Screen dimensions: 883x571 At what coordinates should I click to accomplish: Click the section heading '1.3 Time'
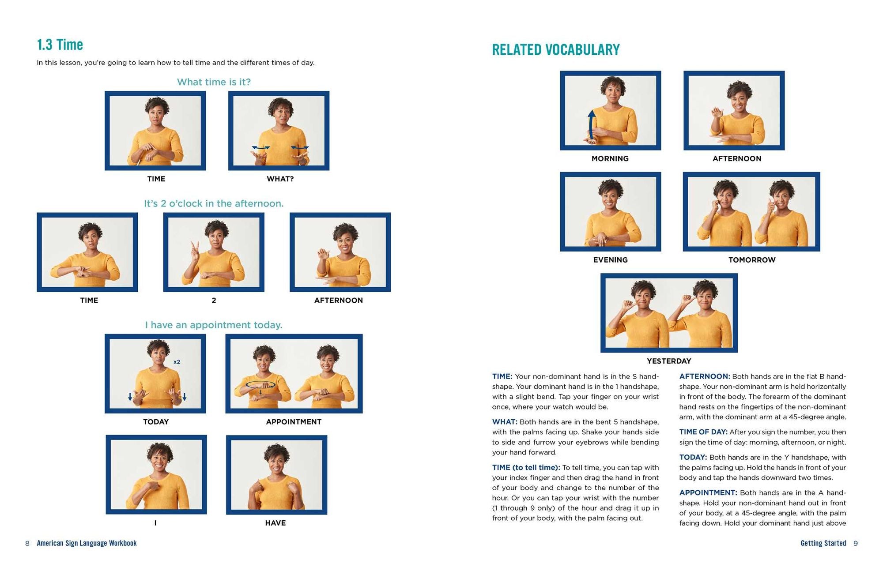tap(60, 45)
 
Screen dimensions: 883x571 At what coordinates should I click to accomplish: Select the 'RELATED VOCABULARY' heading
tap(556, 49)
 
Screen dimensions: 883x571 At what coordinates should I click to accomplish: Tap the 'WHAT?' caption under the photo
tap(280, 179)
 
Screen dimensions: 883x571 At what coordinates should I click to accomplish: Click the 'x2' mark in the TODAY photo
tap(177, 362)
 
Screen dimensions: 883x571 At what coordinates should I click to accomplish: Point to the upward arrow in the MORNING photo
tap(591, 125)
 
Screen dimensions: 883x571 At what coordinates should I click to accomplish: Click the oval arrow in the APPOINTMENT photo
tap(260, 385)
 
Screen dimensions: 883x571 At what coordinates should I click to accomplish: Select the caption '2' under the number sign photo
tap(214, 300)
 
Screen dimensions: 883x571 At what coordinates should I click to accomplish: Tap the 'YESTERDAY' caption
tap(669, 361)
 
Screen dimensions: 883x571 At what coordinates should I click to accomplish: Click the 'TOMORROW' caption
tap(752, 260)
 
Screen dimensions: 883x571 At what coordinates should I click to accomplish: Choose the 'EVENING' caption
tap(610, 260)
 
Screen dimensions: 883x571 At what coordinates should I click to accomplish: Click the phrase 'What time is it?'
tap(214, 82)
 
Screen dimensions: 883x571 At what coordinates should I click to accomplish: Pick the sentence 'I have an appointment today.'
tap(214, 325)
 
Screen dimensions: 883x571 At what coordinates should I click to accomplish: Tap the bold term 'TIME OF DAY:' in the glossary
tap(703, 432)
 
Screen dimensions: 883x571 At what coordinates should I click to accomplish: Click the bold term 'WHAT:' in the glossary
tap(505, 422)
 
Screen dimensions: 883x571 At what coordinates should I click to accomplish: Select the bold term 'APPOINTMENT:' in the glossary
tap(708, 492)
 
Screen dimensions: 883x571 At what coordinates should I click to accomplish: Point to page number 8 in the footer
tap(27, 543)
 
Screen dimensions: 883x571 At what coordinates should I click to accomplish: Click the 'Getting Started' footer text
tap(823, 543)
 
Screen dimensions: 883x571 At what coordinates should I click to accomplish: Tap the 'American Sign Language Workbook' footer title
tap(87, 543)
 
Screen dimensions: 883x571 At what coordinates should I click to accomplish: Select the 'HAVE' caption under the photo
tap(275, 523)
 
